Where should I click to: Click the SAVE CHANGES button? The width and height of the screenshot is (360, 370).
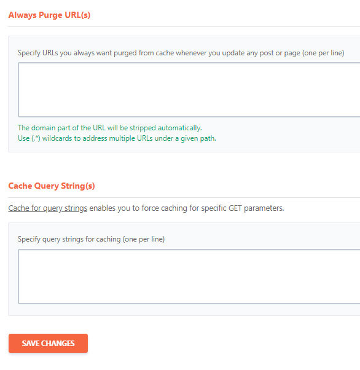48,343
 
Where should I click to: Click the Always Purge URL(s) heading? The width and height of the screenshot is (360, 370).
49,15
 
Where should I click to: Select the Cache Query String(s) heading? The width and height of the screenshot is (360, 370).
52,186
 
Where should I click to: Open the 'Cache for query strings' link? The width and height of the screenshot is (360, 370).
48,208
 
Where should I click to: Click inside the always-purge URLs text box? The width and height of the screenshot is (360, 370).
189,90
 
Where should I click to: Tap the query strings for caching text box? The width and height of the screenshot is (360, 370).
189,277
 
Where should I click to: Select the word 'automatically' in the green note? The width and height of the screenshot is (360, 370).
179,128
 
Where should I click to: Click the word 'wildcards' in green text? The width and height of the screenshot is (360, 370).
57,138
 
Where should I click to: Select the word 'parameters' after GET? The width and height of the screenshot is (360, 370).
264,208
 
